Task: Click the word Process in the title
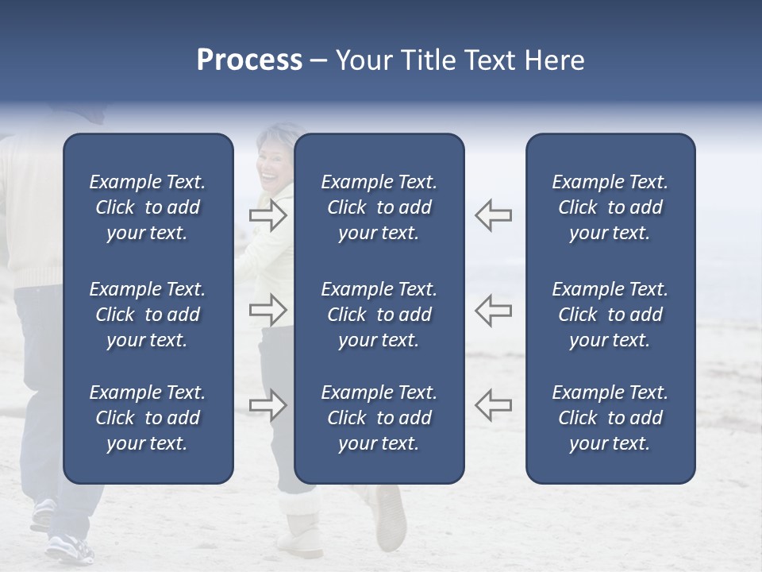(x=249, y=60)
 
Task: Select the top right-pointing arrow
(x=268, y=215)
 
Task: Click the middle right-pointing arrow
(x=268, y=310)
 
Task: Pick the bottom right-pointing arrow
(x=268, y=405)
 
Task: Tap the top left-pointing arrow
(x=493, y=215)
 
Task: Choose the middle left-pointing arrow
(x=493, y=310)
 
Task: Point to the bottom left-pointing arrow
(x=493, y=405)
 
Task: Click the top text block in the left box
(x=148, y=207)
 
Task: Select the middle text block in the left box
(x=148, y=315)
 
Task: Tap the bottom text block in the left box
(x=148, y=418)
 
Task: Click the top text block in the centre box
(x=379, y=207)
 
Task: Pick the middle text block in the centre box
(x=379, y=315)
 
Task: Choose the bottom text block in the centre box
(x=379, y=418)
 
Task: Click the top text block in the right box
(x=610, y=207)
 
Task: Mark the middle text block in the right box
(x=610, y=315)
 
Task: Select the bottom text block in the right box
(x=610, y=418)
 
